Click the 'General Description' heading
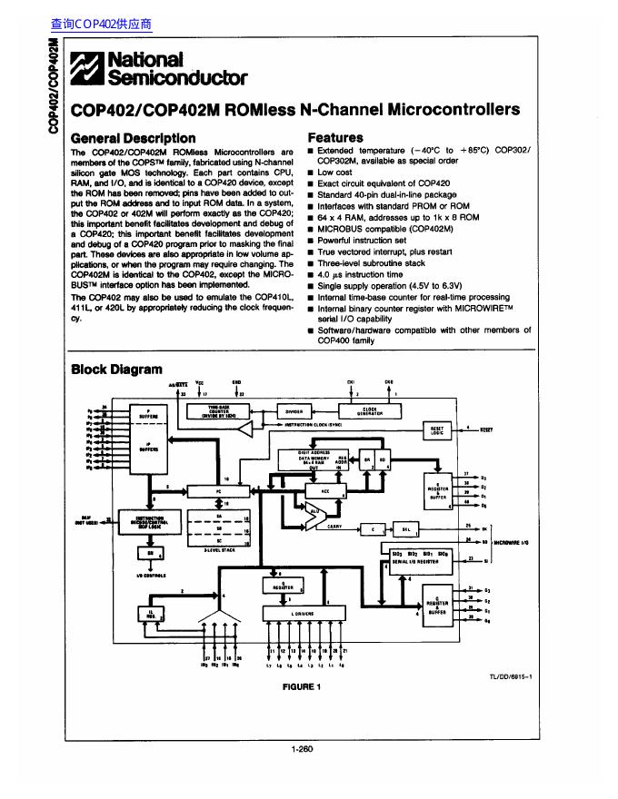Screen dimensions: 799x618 point(133,137)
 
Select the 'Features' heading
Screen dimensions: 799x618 point(335,137)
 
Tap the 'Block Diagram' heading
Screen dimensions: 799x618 point(116,369)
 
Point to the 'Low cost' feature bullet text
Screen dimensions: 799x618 point(334,172)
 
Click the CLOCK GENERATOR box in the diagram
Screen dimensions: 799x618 point(369,409)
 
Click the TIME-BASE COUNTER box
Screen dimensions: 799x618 point(223,411)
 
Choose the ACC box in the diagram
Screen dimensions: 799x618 point(326,491)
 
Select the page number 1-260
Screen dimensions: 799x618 point(302,750)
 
